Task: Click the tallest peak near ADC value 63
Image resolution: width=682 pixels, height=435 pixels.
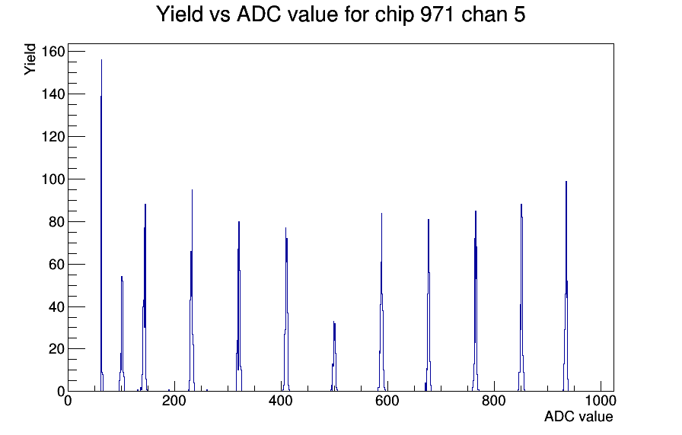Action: click(x=101, y=225)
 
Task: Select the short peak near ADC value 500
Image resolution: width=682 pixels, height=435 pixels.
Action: click(x=334, y=357)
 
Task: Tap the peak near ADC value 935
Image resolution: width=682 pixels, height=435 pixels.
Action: click(x=566, y=286)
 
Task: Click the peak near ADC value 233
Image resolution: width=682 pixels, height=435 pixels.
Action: click(x=192, y=291)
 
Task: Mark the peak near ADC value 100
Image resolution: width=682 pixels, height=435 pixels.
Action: click(x=122, y=334)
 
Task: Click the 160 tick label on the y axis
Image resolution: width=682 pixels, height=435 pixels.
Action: click(x=53, y=52)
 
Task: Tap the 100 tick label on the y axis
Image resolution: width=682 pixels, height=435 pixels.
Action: click(x=53, y=179)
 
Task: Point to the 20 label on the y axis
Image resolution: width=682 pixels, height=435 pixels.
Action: click(x=56, y=349)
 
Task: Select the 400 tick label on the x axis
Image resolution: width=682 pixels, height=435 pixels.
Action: click(x=281, y=401)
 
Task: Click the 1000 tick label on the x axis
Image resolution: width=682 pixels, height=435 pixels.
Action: click(x=601, y=401)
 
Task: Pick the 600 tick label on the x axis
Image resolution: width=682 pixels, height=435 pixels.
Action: click(x=387, y=401)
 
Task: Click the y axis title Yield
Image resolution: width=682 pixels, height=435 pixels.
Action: click(x=30, y=59)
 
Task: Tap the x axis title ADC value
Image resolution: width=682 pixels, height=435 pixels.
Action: click(x=578, y=416)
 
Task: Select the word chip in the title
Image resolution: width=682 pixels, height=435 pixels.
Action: click(x=394, y=15)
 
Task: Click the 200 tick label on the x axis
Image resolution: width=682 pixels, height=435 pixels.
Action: click(x=174, y=401)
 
